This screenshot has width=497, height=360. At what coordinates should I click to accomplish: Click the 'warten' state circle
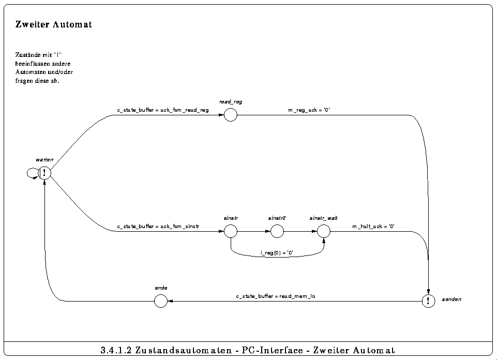pyautogui.click(x=45, y=173)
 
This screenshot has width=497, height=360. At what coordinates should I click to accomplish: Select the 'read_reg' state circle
pyautogui.click(x=230, y=115)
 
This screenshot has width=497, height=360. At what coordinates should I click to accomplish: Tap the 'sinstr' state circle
pyautogui.click(x=230, y=232)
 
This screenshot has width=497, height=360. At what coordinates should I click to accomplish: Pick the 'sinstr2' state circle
pyautogui.click(x=277, y=232)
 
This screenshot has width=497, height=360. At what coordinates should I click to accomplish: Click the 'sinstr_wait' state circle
pyautogui.click(x=324, y=232)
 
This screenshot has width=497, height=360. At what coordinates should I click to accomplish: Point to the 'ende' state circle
pyautogui.click(x=161, y=301)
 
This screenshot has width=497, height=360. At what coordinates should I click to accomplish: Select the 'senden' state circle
pyautogui.click(x=428, y=301)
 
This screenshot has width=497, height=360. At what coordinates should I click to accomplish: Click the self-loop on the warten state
pyautogui.click(x=32, y=174)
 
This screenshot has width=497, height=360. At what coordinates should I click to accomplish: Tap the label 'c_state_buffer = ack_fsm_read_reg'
pyautogui.click(x=163, y=110)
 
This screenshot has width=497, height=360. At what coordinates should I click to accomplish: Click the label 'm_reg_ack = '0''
pyautogui.click(x=309, y=110)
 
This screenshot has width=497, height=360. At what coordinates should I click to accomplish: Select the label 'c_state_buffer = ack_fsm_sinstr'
pyautogui.click(x=158, y=227)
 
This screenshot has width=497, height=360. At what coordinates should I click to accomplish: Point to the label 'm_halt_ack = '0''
pyautogui.click(x=373, y=227)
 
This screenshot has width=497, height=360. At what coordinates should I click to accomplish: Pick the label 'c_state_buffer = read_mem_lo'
pyautogui.click(x=276, y=296)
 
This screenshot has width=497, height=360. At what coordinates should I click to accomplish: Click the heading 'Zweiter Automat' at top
pyautogui.click(x=54, y=24)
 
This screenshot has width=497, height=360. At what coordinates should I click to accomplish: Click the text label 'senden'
pyautogui.click(x=451, y=299)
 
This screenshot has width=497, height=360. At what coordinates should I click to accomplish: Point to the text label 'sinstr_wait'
pyautogui.click(x=324, y=219)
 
